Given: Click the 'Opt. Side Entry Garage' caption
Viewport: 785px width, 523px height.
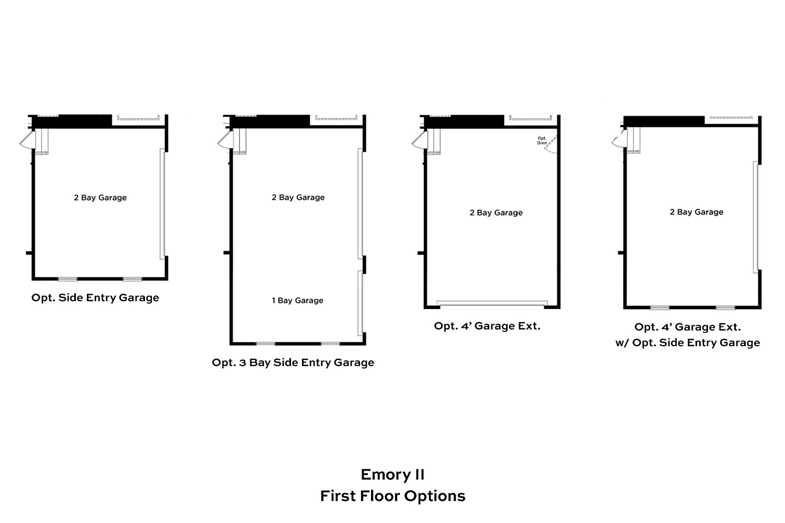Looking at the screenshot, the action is (95, 298).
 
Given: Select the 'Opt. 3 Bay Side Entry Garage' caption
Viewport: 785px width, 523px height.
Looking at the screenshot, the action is (293, 362).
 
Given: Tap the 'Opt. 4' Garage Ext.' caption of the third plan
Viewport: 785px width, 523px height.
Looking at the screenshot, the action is (487, 326).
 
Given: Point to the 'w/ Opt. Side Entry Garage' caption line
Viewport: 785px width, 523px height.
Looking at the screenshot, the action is (688, 343).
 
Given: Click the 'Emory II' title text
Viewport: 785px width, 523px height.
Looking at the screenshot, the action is (392, 475).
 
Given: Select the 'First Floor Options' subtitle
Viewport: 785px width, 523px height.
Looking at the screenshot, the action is (392, 496).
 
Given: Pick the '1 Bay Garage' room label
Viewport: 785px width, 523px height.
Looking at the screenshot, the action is (298, 300).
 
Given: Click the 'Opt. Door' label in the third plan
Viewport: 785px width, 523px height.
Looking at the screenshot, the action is (542, 141).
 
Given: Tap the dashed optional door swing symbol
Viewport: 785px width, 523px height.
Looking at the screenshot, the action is (551, 145).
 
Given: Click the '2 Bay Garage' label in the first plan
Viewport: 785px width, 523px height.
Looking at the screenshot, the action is (100, 198).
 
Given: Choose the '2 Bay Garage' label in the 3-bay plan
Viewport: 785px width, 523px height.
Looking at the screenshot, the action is (298, 197).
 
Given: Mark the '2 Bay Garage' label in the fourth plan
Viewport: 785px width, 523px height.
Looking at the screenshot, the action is (697, 212).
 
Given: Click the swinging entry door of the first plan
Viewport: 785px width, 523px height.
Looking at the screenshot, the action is (27, 140).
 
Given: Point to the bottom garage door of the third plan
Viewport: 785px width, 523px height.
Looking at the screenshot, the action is (492, 303).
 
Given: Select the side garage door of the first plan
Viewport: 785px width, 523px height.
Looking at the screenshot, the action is (162, 204).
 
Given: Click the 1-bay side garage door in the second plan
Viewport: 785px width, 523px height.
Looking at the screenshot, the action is (360, 303).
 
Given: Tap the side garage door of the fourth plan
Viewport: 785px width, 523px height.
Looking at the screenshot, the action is (756, 217).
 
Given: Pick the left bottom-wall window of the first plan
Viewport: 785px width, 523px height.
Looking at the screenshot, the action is (68, 279).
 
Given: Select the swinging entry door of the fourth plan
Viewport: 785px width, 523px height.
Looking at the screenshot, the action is (619, 139).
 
